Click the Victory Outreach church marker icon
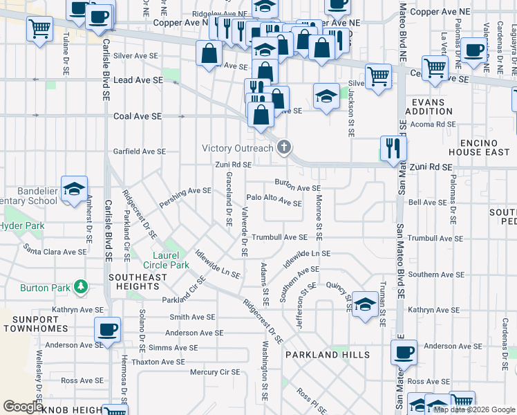tap(283, 147)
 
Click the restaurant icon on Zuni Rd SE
tap(393, 148)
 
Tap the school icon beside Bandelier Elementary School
tap(73, 189)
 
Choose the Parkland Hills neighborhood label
tap(327, 355)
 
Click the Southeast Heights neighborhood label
tap(138, 282)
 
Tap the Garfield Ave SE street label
tap(140, 151)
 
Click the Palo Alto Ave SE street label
tap(274, 201)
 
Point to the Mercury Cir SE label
tap(215, 372)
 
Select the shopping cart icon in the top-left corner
tap(40, 29)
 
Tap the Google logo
tap(23, 407)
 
